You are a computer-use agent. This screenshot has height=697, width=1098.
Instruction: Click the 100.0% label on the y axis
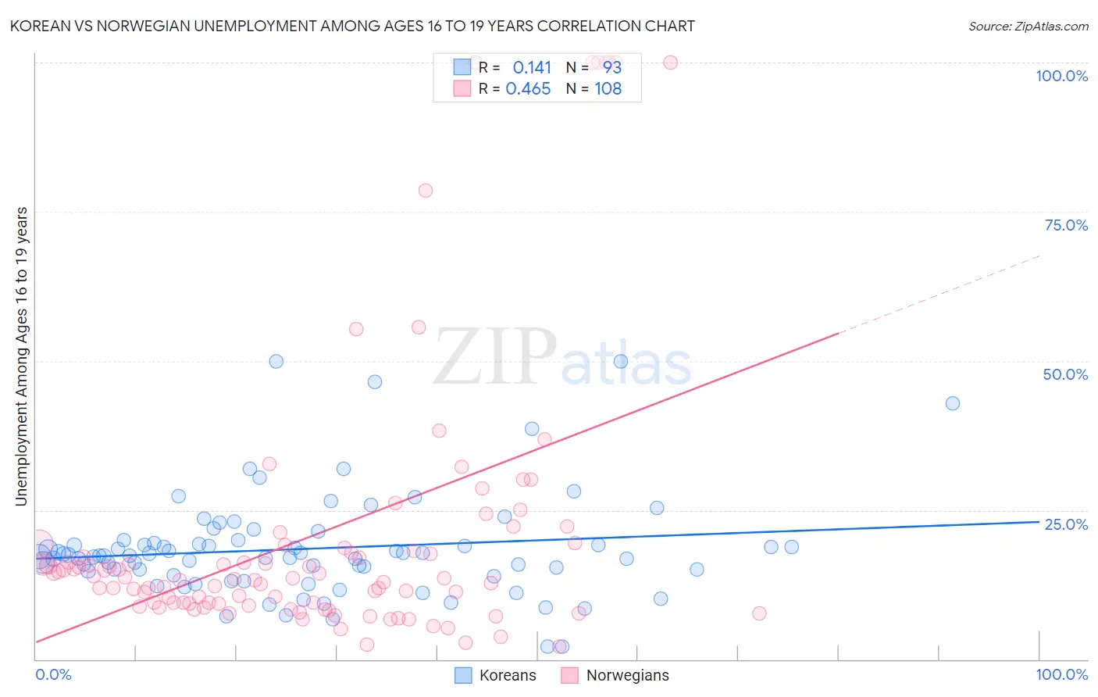1061,76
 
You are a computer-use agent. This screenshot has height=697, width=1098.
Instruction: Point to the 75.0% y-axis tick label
1066,225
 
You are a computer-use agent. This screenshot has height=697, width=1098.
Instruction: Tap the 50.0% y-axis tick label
1065,374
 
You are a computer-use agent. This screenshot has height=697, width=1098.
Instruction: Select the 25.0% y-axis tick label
1066,524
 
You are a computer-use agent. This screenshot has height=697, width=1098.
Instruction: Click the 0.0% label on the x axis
53,674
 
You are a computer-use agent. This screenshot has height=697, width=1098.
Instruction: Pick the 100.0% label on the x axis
1061,674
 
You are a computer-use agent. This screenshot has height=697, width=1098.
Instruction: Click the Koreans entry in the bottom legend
508,675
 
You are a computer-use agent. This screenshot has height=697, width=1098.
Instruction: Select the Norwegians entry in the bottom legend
627,675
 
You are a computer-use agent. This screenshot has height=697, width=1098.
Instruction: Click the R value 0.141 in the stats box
532,67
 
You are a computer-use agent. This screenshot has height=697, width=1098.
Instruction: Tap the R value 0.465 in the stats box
528,88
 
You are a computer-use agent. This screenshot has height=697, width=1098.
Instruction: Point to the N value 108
608,88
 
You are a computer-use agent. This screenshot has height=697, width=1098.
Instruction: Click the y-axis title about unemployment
22,356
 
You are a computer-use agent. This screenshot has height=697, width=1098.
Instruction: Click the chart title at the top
352,26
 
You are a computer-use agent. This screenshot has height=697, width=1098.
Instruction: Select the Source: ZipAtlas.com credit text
1028,26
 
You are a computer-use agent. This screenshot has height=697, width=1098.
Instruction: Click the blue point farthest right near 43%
952,403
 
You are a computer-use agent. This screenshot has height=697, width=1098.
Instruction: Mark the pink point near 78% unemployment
425,190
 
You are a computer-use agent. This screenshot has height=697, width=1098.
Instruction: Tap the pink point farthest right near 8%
759,613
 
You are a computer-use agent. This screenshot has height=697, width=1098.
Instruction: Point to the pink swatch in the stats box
462,88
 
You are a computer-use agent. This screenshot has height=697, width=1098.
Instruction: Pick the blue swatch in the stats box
462,67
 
